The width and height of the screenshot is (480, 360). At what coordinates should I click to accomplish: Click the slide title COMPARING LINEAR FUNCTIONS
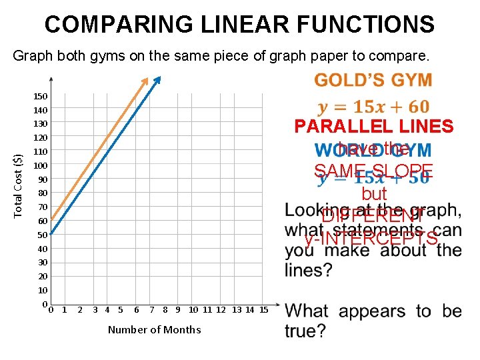[239, 25]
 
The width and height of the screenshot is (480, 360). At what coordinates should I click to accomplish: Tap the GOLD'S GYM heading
[373, 81]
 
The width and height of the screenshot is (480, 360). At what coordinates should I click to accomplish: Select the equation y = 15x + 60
[373, 107]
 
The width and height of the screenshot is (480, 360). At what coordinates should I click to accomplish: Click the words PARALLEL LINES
[374, 127]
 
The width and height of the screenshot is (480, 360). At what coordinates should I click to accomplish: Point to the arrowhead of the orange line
[146, 80]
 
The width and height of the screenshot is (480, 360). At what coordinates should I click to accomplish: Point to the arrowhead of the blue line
[158, 80]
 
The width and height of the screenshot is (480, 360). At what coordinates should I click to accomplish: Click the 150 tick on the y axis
[41, 97]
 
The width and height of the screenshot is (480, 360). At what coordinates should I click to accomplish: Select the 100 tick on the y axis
[41, 165]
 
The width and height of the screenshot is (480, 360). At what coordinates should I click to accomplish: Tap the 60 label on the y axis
[43, 221]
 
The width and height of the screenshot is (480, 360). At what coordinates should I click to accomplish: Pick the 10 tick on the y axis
[43, 290]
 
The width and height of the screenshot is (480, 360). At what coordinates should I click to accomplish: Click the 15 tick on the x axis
[263, 309]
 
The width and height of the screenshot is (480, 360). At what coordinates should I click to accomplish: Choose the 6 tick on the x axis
[137, 309]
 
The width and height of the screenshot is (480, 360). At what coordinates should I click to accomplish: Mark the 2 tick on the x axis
[80, 309]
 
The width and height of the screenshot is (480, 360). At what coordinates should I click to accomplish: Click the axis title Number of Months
[154, 329]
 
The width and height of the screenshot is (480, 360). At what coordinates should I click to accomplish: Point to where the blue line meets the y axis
[51, 234]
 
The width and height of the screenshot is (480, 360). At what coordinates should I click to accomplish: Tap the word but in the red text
[373, 194]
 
